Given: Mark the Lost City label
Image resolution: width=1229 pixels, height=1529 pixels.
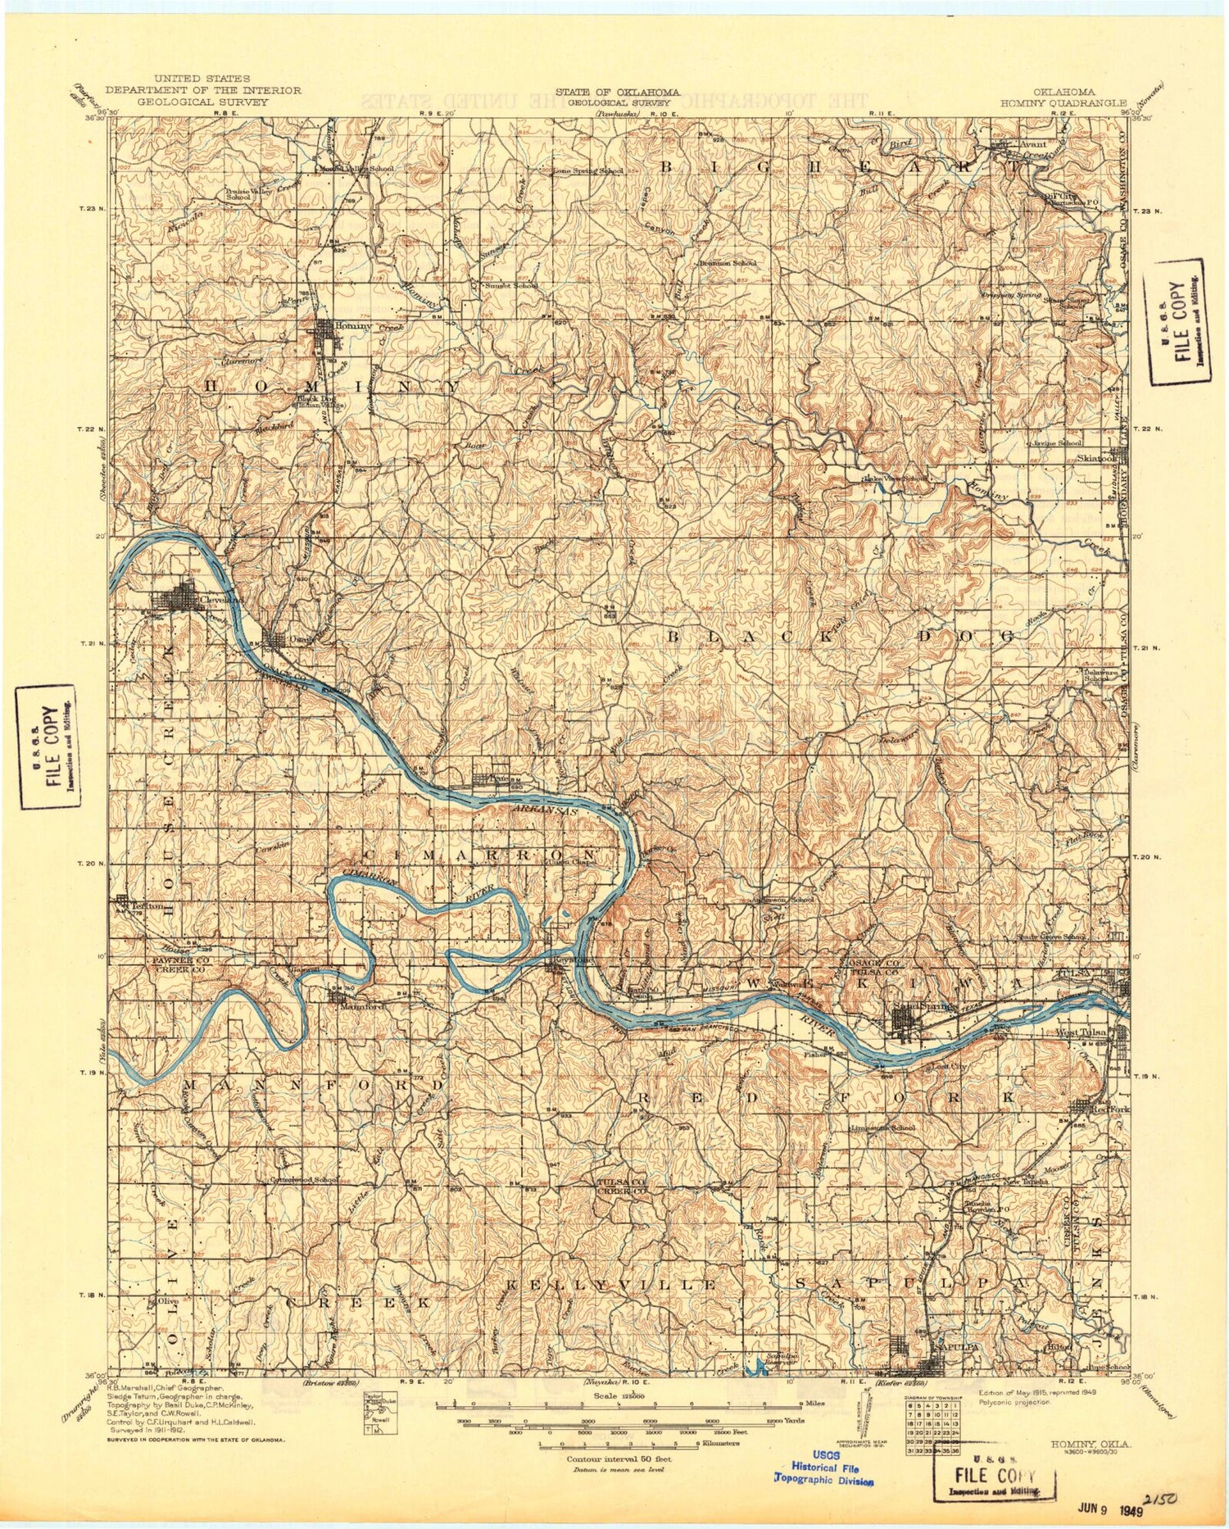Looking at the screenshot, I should [949, 1067].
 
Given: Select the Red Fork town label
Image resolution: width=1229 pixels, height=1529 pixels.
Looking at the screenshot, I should [1115, 1108].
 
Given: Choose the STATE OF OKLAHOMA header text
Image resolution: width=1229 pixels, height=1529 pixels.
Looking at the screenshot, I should [617, 92].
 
